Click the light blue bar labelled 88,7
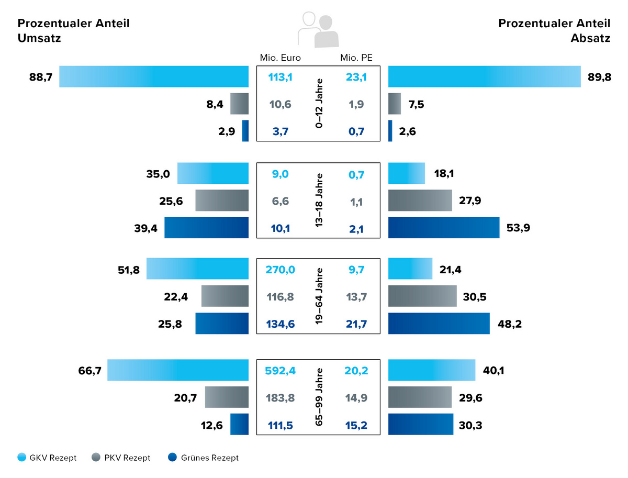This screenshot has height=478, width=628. coord(153,76)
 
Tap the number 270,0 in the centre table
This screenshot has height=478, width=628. coord(281,270)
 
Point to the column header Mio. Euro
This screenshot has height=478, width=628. coord(281,58)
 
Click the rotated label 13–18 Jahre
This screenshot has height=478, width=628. coord(319,201)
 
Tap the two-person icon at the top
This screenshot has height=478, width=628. coord(318,30)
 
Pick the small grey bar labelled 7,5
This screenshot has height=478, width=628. coord(395,104)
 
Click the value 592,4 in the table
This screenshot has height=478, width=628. coord(281,371)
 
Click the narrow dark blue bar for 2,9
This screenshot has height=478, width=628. coord(245,131)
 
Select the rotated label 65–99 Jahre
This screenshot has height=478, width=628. coord(319,397)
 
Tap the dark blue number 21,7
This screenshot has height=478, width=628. coord(356,325)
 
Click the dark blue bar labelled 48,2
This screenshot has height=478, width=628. coord(439,324)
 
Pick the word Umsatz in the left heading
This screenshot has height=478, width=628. coord(40,38)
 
